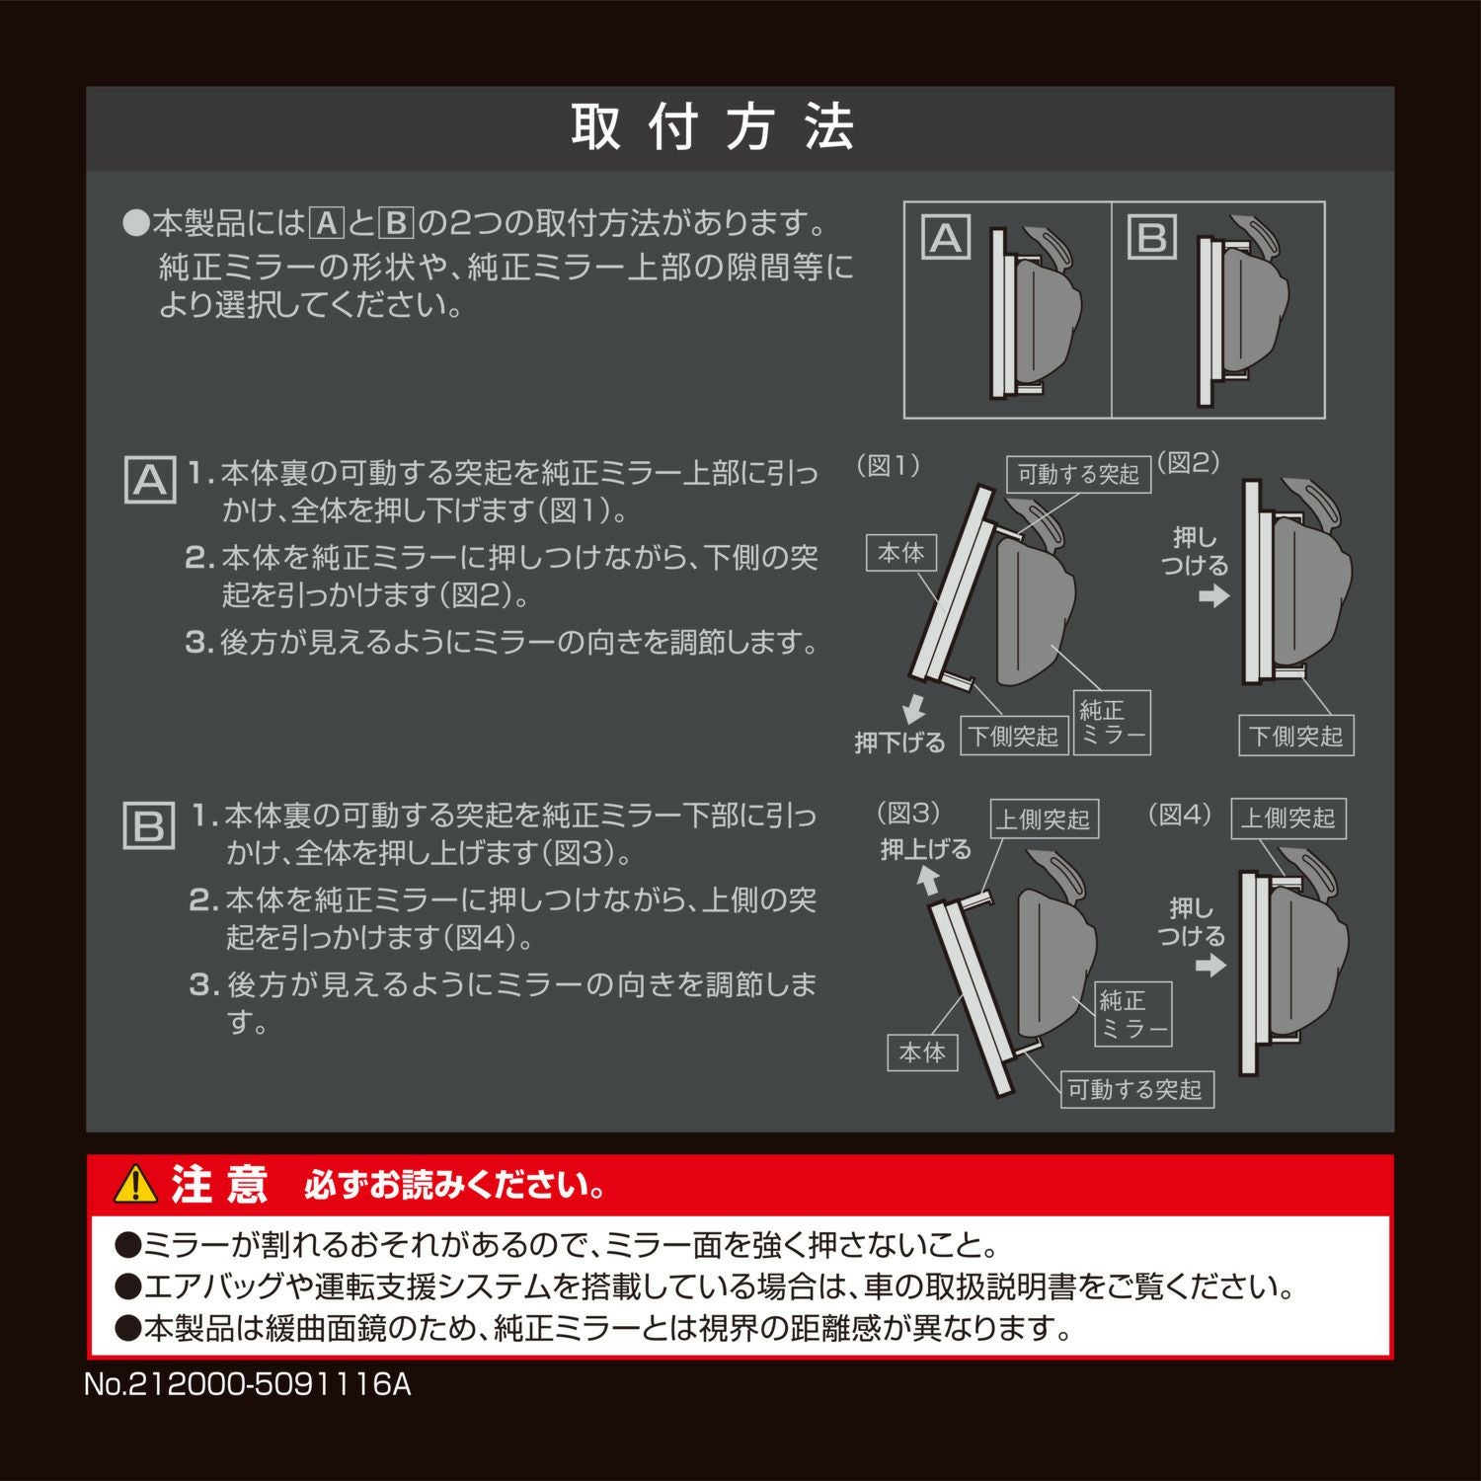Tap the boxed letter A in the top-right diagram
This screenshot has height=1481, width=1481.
click(946, 238)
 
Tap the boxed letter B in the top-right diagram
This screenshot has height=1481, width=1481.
click(1152, 238)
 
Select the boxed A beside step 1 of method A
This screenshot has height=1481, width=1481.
click(150, 480)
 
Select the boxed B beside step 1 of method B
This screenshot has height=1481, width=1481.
click(149, 825)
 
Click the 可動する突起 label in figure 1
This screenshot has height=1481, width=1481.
click(1078, 475)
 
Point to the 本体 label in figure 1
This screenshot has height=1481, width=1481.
click(901, 553)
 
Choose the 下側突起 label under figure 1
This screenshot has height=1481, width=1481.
click(1013, 737)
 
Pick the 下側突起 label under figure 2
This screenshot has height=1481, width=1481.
click(1295, 737)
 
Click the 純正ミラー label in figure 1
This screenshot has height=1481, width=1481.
click(1112, 723)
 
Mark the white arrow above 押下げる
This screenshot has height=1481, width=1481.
click(914, 708)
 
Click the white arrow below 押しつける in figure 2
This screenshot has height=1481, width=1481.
click(1214, 596)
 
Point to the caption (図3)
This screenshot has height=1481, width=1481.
click(908, 814)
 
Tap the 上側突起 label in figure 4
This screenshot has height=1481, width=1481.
click(1287, 818)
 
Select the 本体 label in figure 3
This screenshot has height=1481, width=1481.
click(922, 1052)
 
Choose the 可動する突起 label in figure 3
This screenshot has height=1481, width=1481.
click(1135, 1090)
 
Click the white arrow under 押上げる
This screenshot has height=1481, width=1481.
click(927, 879)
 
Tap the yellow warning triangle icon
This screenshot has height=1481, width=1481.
click(135, 1184)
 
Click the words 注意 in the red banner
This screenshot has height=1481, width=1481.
click(219, 1184)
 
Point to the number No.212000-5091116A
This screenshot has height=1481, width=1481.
click(247, 1384)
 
